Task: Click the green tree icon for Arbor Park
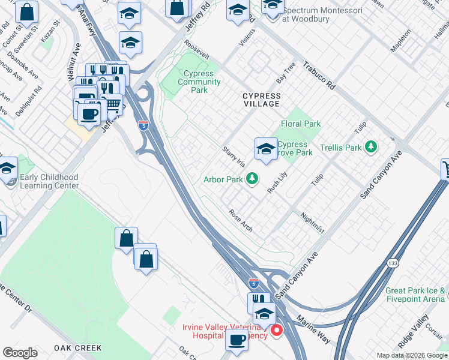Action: tap(253, 179)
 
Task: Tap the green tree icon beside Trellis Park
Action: tap(372, 147)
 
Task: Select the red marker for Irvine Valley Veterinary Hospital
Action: tap(276, 330)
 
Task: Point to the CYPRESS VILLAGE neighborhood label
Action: tap(261, 100)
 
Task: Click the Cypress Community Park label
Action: tap(199, 82)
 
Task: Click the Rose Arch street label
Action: tap(240, 220)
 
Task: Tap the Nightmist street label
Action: tap(312, 224)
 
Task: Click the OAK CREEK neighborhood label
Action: tap(77, 348)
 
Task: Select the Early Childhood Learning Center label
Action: tap(49, 181)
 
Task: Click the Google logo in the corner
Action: tap(20, 353)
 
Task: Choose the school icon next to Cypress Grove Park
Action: tap(265, 149)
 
